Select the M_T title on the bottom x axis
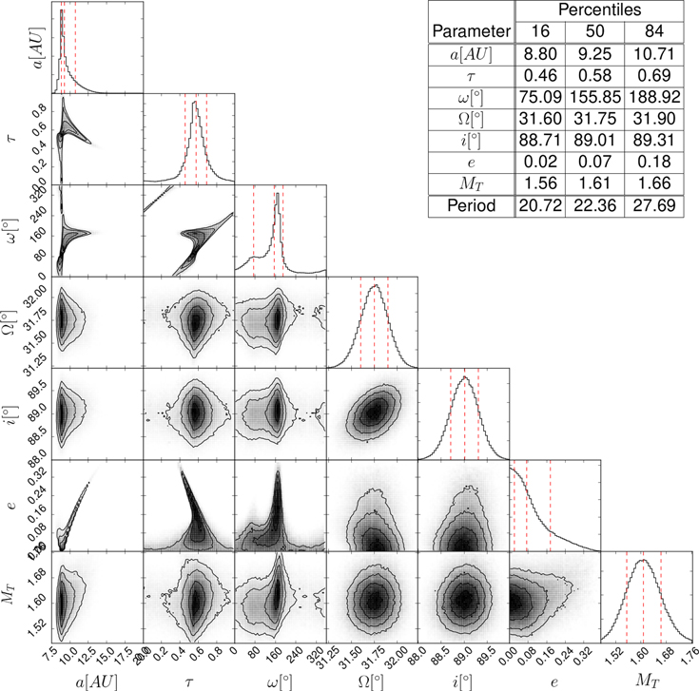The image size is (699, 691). pos(647,681)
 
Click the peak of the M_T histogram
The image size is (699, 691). pos(644,560)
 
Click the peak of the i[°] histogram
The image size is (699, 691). pos(465,377)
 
